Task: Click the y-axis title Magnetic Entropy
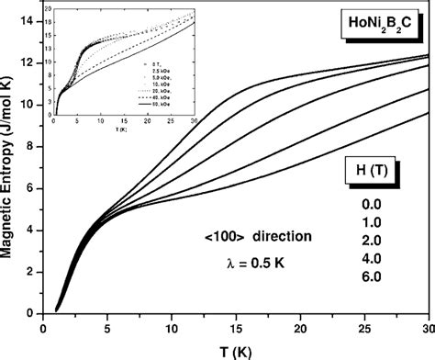pos(12,165)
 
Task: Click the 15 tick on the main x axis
pos(236,326)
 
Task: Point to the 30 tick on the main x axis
pos(427,326)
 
